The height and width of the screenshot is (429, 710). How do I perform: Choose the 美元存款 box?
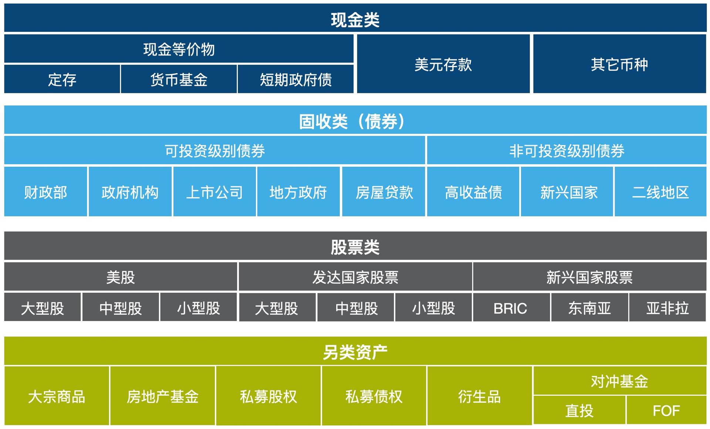[x=443, y=64]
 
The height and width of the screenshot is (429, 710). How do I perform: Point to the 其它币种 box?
[x=619, y=64]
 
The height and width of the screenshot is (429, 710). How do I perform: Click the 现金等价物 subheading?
[x=179, y=49]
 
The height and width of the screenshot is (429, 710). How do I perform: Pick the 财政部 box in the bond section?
[x=45, y=192]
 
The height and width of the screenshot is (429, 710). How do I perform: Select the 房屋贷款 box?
[x=383, y=192]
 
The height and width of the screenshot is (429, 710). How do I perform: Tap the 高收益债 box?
[x=473, y=192]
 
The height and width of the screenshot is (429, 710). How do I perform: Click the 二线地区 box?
[x=660, y=192]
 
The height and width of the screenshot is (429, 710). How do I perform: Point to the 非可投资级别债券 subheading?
[x=567, y=151]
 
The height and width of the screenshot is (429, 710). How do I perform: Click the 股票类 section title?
[x=355, y=247]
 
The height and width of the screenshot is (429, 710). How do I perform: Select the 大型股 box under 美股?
[x=43, y=308]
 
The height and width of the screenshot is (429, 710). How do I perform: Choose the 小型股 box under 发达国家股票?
[x=433, y=308]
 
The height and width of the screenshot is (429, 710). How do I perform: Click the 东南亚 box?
[x=589, y=308]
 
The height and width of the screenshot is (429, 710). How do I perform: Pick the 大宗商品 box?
[x=57, y=396]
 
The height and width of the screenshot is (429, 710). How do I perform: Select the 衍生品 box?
[x=479, y=396]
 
